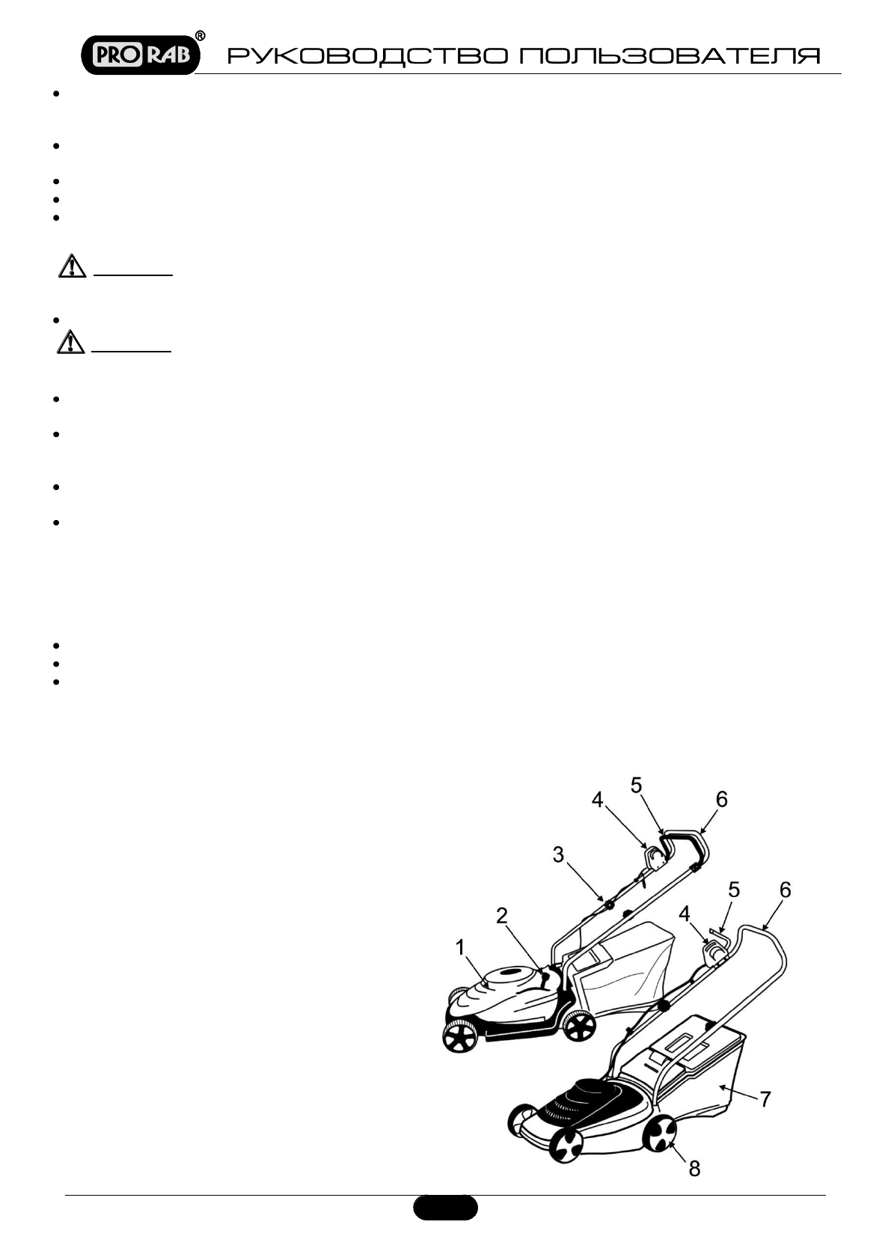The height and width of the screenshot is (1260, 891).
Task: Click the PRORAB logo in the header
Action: (140, 53)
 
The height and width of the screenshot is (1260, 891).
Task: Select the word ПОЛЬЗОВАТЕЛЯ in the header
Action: (670, 57)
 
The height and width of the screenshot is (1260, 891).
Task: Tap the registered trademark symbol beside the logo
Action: (200, 35)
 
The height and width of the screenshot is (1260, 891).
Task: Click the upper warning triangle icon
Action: (71, 266)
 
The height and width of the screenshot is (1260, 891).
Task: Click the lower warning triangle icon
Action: (71, 342)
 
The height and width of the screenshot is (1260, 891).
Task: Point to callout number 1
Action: (461, 947)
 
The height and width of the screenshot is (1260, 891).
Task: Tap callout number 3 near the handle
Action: (559, 854)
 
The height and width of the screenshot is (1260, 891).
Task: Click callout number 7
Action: (765, 1098)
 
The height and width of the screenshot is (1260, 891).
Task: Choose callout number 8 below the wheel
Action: (694, 1168)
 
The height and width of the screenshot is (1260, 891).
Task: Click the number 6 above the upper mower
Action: (721, 799)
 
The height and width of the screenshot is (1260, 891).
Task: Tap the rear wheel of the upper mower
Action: (578, 1025)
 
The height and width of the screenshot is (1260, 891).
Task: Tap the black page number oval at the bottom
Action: (445, 1208)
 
